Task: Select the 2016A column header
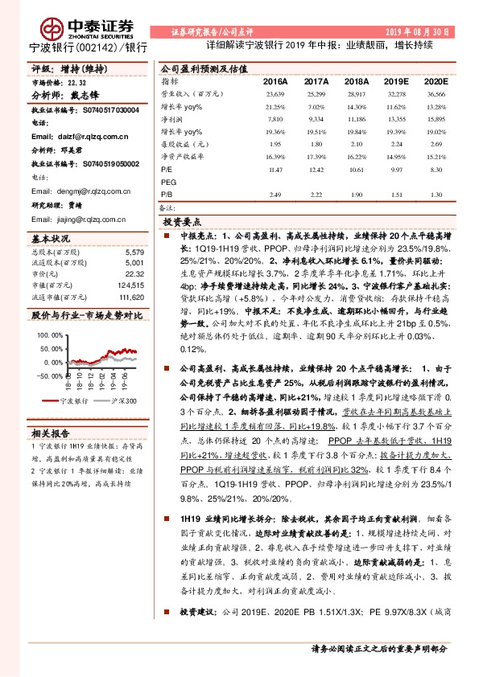(275, 82)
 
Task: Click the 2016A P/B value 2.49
(275, 195)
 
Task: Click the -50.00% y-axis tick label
(47, 375)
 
